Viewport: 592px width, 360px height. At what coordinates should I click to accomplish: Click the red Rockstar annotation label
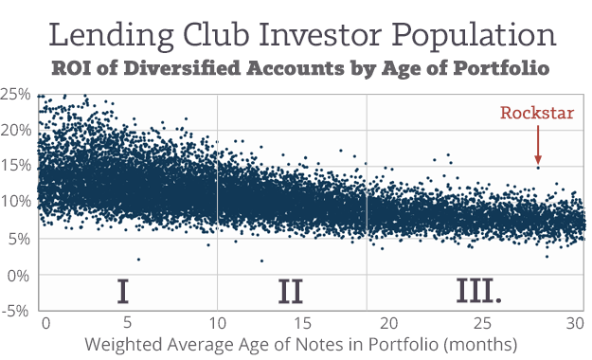coord(537,114)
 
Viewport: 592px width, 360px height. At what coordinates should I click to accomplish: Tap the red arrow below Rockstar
coord(538,144)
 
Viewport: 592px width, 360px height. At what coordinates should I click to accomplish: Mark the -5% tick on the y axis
coord(15,310)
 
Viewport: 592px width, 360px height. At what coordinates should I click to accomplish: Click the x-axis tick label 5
coord(126,321)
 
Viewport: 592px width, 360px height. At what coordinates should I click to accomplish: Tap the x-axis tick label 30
coord(573,321)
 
